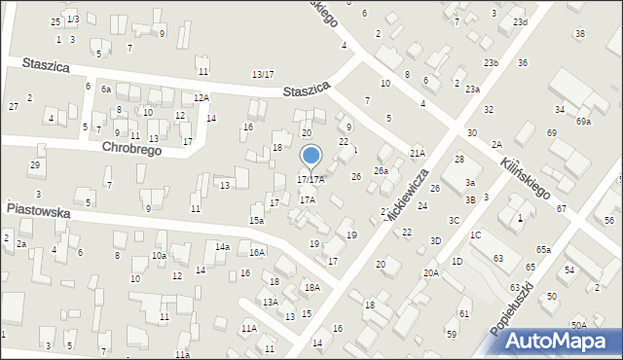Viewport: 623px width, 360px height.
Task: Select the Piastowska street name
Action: (42, 207)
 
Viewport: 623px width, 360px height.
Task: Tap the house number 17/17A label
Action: (311, 180)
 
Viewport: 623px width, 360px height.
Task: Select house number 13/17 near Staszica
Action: (263, 74)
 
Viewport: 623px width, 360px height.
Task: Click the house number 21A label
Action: (418, 153)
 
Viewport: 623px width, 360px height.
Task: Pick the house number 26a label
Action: (381, 171)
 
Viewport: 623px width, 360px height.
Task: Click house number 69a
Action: (583, 122)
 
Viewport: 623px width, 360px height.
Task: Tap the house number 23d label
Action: (520, 21)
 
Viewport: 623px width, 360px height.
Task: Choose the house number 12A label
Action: (201, 97)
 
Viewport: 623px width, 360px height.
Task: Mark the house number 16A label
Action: (257, 252)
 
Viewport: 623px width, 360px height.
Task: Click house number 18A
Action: (311, 287)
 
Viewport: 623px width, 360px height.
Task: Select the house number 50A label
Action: (579, 325)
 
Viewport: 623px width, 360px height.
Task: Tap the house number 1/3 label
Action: (73, 19)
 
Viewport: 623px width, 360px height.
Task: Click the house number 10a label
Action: (158, 256)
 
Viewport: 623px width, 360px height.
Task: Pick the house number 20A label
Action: (430, 272)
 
